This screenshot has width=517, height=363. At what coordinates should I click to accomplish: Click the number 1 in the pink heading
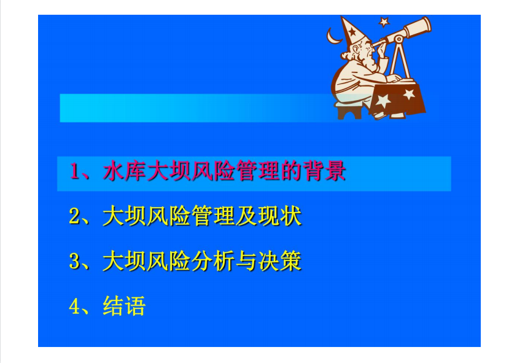click(x=74, y=171)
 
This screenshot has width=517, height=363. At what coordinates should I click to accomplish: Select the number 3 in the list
click(x=74, y=261)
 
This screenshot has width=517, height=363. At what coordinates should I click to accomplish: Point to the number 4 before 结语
click(x=74, y=306)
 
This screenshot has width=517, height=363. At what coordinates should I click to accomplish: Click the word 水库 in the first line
click(x=125, y=171)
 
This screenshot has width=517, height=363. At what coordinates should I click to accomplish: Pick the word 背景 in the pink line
click(x=325, y=171)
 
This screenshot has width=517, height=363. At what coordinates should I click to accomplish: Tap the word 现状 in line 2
click(x=280, y=216)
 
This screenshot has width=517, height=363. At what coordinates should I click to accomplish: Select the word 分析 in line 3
click(x=213, y=261)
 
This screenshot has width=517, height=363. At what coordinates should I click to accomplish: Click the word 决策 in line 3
click(x=280, y=261)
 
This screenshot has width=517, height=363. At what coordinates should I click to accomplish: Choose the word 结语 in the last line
click(x=124, y=306)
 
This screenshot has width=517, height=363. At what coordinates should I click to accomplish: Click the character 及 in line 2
click(x=247, y=216)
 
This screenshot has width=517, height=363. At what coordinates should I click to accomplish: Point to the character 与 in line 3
click(x=247, y=261)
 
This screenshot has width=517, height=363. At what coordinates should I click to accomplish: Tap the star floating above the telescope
click(x=384, y=22)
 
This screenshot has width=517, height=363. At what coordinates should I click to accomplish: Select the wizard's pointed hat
click(x=352, y=31)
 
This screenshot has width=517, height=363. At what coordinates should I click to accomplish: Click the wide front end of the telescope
click(x=426, y=25)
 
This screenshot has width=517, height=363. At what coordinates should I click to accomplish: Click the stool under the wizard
click(x=349, y=110)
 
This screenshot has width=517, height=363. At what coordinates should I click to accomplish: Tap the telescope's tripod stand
click(x=400, y=61)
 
